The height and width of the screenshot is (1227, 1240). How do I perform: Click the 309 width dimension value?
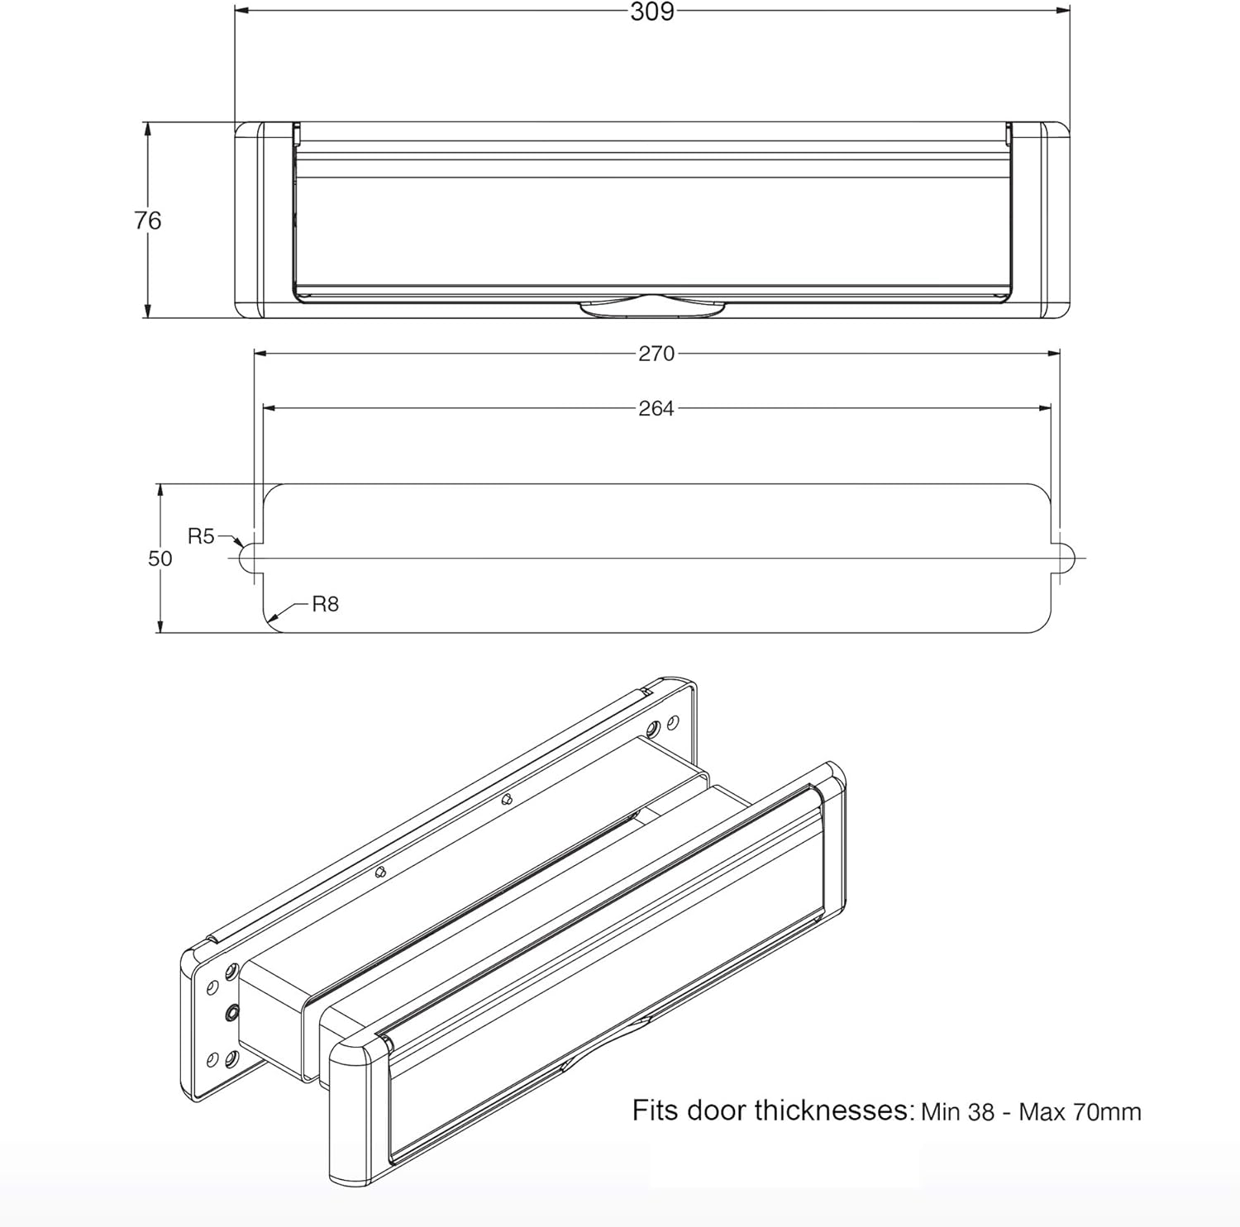click(x=652, y=12)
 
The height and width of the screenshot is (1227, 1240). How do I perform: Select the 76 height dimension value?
click(x=148, y=221)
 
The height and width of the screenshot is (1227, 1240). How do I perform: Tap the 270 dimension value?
click(x=656, y=354)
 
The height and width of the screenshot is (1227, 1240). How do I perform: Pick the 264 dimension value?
click(x=656, y=408)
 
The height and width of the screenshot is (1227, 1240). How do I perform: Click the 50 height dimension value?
click(x=160, y=559)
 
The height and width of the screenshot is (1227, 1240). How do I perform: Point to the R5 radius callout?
click(x=201, y=537)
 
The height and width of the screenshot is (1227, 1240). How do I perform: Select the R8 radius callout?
click(x=325, y=605)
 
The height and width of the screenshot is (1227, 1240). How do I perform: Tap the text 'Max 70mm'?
click(x=1080, y=1112)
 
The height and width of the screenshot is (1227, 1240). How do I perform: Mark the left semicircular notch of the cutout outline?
click(x=246, y=559)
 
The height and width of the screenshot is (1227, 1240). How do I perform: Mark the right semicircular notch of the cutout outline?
click(x=1069, y=559)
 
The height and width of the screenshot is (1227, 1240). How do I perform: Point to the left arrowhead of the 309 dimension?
click(x=241, y=11)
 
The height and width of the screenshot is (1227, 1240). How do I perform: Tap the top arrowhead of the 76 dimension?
click(x=148, y=128)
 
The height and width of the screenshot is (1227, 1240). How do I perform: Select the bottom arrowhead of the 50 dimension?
click(x=160, y=627)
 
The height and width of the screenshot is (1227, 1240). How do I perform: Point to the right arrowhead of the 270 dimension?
click(x=1054, y=354)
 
